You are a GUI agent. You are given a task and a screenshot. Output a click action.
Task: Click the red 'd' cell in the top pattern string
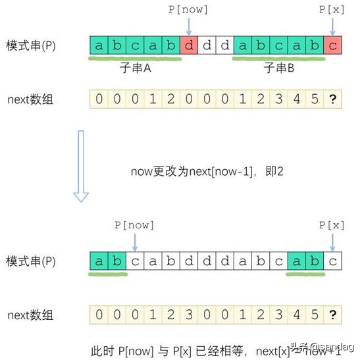point(188,46)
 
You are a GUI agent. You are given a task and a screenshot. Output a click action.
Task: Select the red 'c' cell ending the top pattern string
point(332,46)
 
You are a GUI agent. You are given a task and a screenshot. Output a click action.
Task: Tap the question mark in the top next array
point(332,100)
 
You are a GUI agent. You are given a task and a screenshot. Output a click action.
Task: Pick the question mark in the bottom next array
point(332,315)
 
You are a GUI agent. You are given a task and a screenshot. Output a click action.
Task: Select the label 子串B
point(278,67)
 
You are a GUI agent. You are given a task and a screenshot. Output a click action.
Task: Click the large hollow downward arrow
point(82,165)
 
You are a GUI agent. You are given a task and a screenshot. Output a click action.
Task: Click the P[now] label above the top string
point(188,11)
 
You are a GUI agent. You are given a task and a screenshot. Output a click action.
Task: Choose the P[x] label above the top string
point(332,11)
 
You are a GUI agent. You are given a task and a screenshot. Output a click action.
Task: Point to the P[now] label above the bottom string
point(134,225)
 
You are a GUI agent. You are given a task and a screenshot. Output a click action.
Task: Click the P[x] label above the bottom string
point(332,225)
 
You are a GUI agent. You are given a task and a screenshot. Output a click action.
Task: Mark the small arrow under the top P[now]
point(188,26)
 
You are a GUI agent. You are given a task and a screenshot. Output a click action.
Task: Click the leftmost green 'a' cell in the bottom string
point(99,261)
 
